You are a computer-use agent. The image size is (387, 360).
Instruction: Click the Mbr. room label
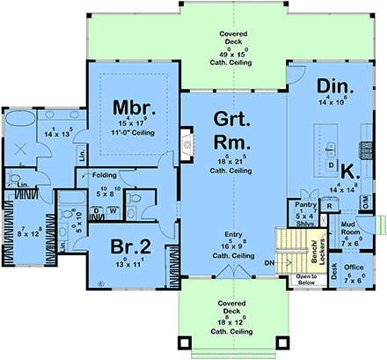pos(134,108)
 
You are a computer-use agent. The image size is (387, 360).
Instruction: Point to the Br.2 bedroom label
pos(127,246)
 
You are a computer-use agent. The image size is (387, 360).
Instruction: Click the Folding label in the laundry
pos(106,175)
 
